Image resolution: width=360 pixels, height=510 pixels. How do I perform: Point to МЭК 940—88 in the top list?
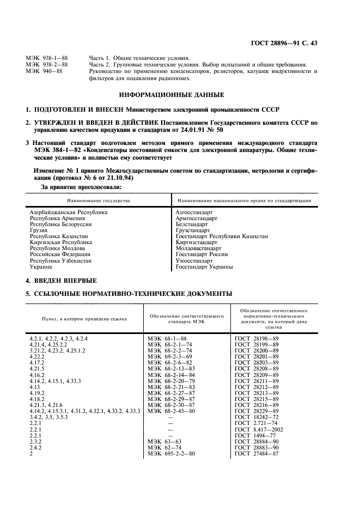[x=44, y=70]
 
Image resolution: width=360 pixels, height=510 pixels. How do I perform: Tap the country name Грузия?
[x=38, y=230]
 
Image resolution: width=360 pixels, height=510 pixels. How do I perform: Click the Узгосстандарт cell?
[x=194, y=261]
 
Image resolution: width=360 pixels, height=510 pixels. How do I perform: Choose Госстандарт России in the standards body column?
[x=202, y=254]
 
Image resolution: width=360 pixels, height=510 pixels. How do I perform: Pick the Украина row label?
[x=41, y=267]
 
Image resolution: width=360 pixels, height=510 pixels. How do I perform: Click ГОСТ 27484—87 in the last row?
[x=257, y=453]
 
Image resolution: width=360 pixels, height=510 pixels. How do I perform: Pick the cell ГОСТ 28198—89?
[x=257, y=339]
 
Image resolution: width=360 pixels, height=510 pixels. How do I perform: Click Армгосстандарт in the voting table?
[x=196, y=218]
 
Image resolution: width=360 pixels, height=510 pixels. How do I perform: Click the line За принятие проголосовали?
[x=82, y=187]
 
